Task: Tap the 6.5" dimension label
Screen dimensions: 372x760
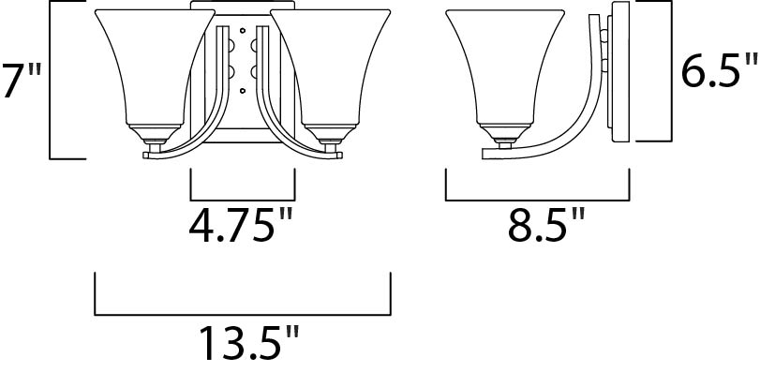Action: (719, 72)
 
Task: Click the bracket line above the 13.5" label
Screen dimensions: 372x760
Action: (243, 315)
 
